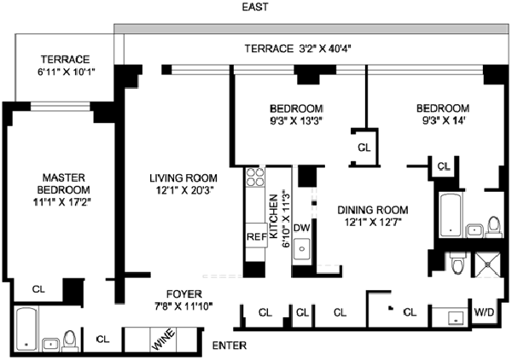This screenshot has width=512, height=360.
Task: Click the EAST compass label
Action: (x=255, y=8)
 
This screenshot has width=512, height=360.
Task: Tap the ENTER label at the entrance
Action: (x=230, y=345)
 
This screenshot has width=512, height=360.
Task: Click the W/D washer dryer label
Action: (x=484, y=311)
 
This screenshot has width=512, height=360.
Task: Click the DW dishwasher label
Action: (x=300, y=228)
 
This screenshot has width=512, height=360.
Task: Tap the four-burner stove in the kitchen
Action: (x=255, y=178)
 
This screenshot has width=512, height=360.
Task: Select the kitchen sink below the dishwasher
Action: (x=301, y=252)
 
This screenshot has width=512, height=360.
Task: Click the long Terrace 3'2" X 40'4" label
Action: (x=305, y=48)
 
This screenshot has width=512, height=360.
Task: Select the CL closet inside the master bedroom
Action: (x=39, y=288)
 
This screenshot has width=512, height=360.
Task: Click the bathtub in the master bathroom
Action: (x=26, y=328)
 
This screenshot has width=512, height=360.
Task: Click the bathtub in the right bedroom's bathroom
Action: (x=449, y=213)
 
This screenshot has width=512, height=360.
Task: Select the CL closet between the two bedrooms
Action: (x=364, y=147)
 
